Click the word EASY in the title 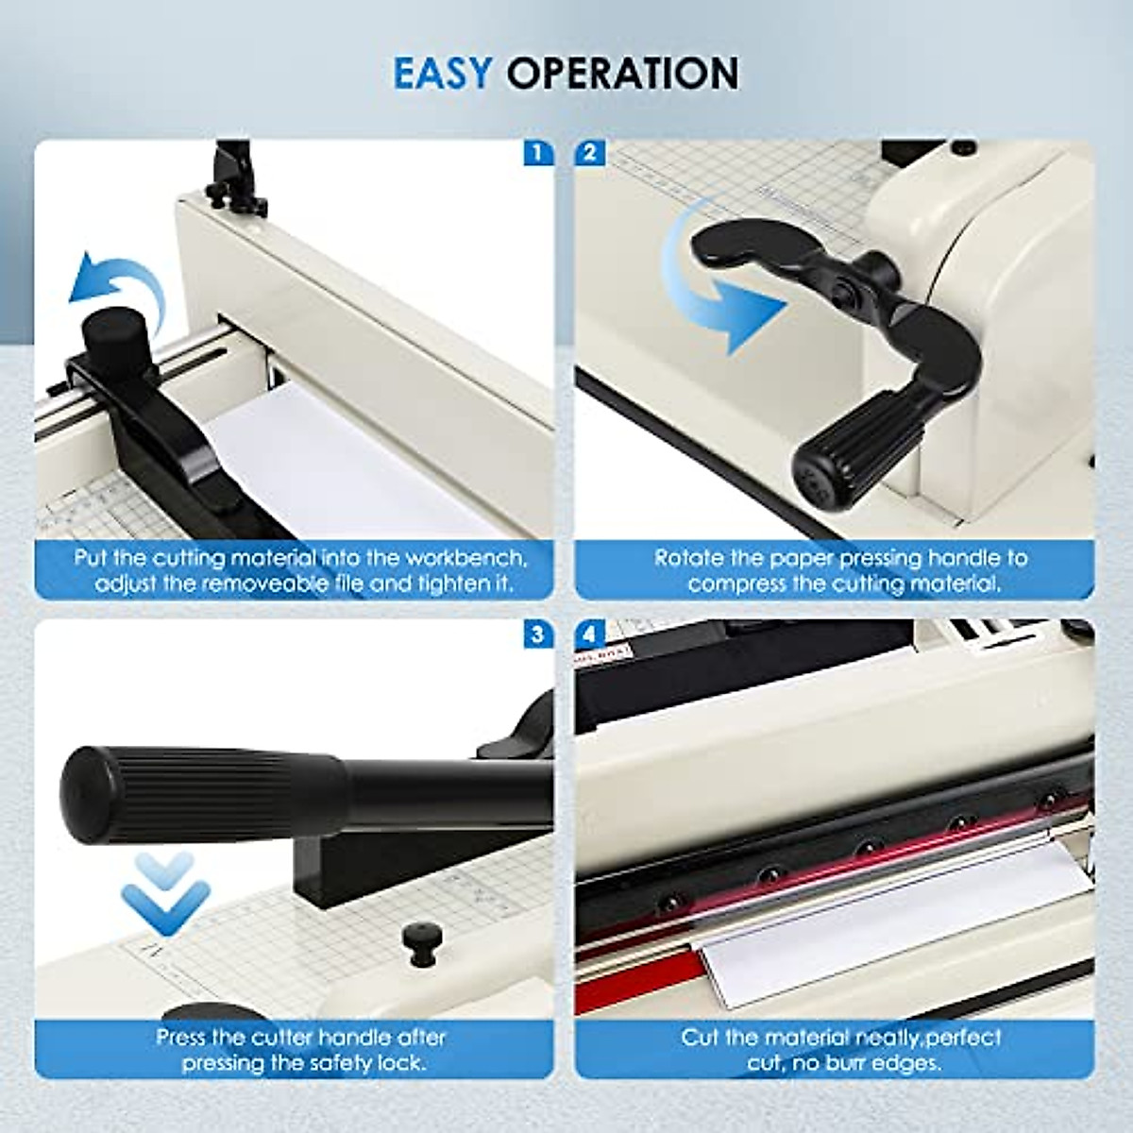click(442, 73)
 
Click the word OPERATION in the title click(623, 73)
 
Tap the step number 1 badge click(538, 153)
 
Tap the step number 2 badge click(590, 153)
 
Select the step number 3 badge click(538, 634)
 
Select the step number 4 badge click(590, 634)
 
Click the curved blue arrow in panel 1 click(117, 283)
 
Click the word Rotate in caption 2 click(690, 558)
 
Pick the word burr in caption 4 click(862, 1062)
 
